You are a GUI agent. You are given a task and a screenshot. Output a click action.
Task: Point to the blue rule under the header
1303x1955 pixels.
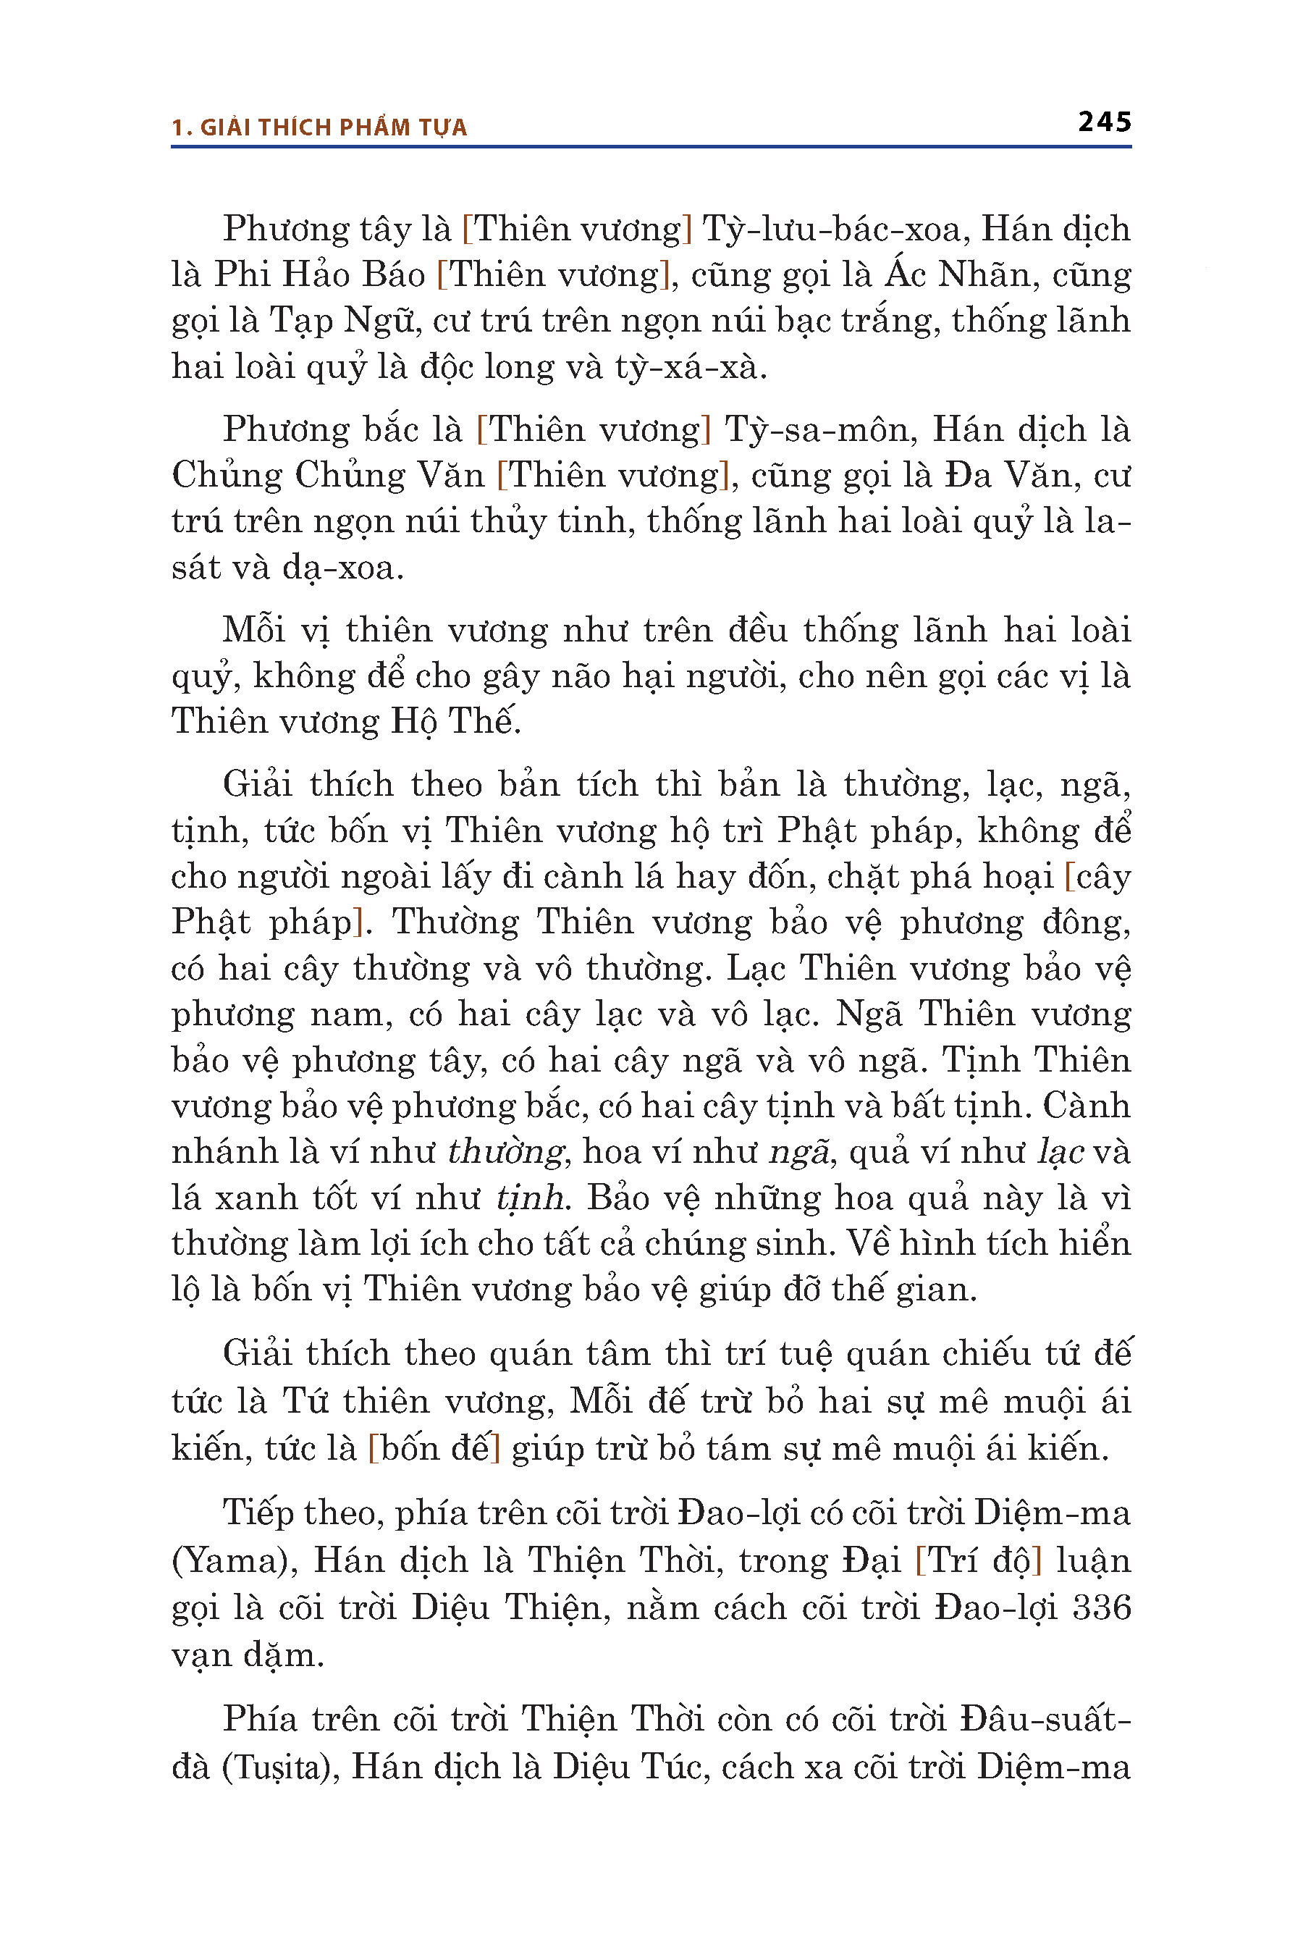[651, 147]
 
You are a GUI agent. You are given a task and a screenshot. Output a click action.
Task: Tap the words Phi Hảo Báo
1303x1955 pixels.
[320, 275]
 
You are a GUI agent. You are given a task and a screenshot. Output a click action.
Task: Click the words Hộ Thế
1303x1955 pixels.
[455, 721]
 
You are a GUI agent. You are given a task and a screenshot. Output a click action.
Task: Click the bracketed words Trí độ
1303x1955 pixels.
[977, 1561]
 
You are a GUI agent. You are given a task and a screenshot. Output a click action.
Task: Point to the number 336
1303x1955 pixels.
[1101, 1607]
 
